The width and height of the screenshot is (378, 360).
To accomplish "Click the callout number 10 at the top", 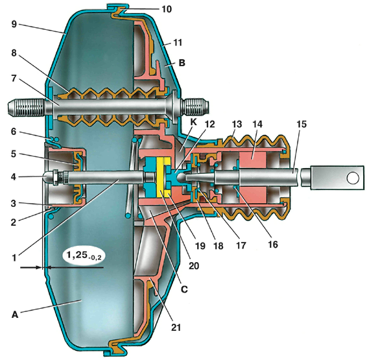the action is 166,9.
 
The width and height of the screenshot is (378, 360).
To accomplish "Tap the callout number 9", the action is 14,24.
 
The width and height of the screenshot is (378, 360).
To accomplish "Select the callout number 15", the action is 301,124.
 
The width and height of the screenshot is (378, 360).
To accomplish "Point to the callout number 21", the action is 176,327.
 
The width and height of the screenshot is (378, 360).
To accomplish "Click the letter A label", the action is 15,315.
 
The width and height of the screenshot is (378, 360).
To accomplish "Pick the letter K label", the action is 193,122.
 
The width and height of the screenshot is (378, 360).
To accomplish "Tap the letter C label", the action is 184,289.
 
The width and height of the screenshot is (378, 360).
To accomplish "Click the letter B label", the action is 182,63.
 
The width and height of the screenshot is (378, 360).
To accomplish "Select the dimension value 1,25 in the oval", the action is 75,255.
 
